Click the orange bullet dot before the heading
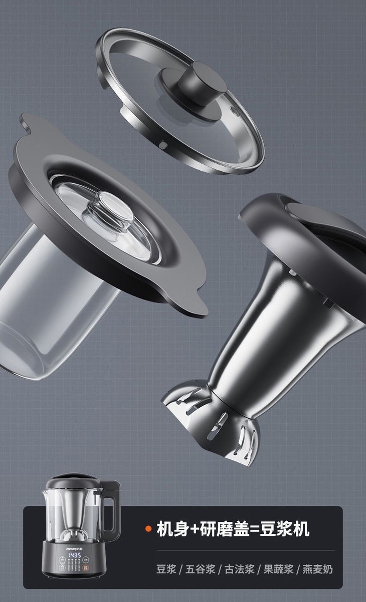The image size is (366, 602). pyautogui.click(x=148, y=529)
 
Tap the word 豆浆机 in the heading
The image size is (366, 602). pyautogui.click(x=284, y=529)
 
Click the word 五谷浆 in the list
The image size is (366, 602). pyautogui.click(x=200, y=569)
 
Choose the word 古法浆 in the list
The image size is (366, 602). pyautogui.click(x=239, y=569)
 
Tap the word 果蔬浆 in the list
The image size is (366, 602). pyautogui.click(x=278, y=569)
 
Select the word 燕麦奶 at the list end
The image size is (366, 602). pyautogui.click(x=317, y=569)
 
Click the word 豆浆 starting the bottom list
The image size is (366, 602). pyautogui.click(x=166, y=569)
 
